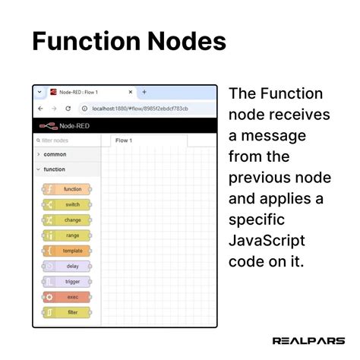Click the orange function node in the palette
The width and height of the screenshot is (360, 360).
pyautogui.click(x=66, y=189)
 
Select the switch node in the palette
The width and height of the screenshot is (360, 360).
pyautogui.click(x=66, y=204)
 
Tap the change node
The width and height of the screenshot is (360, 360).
pyautogui.click(x=66, y=219)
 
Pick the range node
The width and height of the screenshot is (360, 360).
pyautogui.click(x=66, y=235)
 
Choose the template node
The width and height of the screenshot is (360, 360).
pyautogui.click(x=66, y=251)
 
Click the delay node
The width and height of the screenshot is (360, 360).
pyautogui.click(x=66, y=266)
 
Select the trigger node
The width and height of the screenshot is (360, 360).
pyautogui.click(x=66, y=281)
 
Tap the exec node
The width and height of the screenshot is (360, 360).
pyautogui.click(x=66, y=297)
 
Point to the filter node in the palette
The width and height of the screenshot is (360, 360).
pyautogui.click(x=66, y=312)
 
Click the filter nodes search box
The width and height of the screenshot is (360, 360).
pyautogui.click(x=67, y=141)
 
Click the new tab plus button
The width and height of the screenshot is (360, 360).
pyautogui.click(x=144, y=92)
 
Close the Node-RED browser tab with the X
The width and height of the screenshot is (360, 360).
pyautogui.click(x=131, y=92)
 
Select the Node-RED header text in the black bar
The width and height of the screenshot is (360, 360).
pyautogui.click(x=75, y=125)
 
